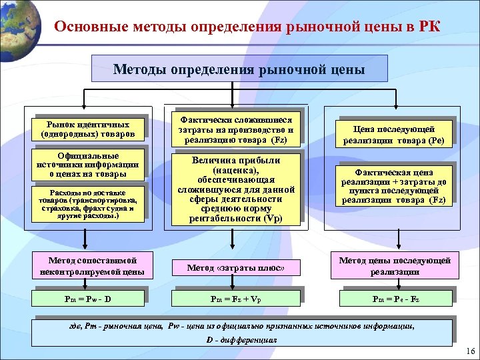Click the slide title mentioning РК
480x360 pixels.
247,27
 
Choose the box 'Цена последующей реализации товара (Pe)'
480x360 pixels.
397,135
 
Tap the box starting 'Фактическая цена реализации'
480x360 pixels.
397,185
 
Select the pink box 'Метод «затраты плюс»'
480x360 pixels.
235,267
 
